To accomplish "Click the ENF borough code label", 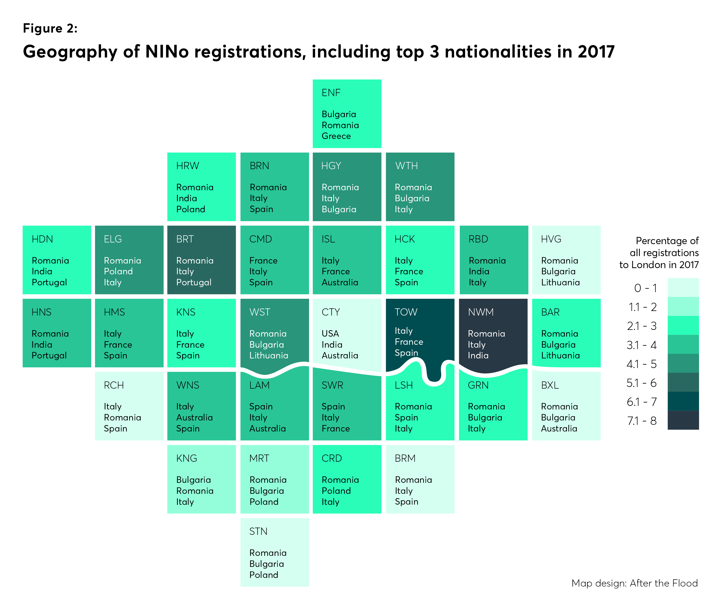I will [331, 93].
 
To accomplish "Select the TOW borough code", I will [406, 312].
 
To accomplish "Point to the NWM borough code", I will [481, 312].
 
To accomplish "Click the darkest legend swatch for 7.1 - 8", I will [683, 420].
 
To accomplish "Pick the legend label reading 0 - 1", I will [645, 288].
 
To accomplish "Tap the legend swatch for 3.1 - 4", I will [683, 345].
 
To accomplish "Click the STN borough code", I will [258, 531].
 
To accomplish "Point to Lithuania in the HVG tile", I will [560, 282].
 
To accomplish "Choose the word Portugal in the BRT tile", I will [194, 282].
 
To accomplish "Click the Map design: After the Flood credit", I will [635, 583].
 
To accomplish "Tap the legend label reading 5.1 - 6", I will [641, 383].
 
